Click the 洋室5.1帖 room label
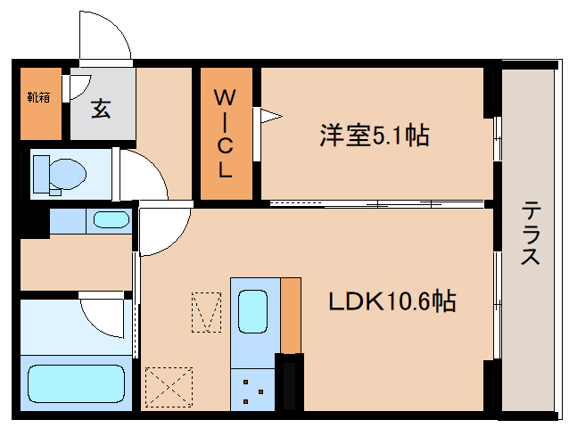click(x=375, y=136)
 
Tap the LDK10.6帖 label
click(x=392, y=301)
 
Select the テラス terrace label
click(x=532, y=234)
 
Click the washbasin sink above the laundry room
click(x=111, y=219)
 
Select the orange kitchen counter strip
click(x=291, y=314)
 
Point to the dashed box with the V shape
click(x=206, y=312)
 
